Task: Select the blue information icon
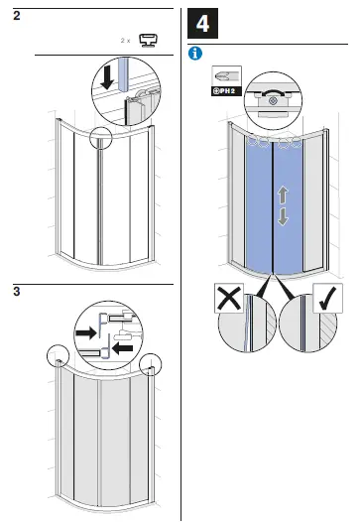[195, 52]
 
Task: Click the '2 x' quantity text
[126, 41]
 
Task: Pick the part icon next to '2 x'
[152, 41]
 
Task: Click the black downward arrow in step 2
[105, 78]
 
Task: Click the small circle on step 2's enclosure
[101, 138]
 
